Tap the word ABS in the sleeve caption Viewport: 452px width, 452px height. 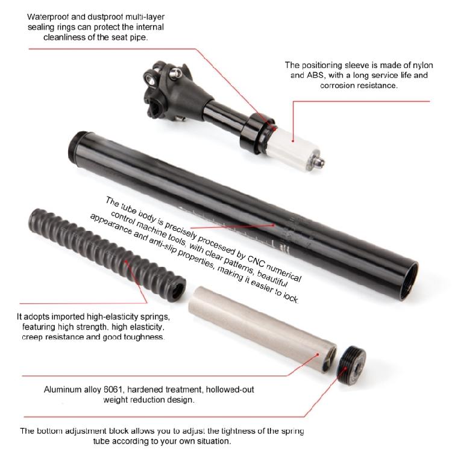317,76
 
